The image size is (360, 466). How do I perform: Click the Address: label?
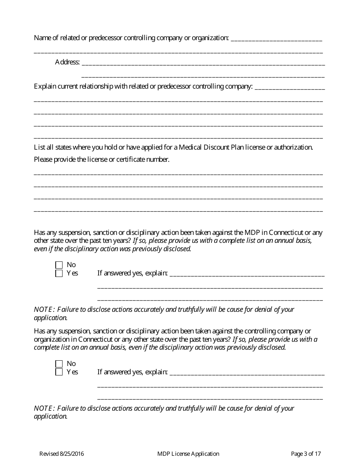point(67,62)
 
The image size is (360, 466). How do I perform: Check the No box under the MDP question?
point(59,265)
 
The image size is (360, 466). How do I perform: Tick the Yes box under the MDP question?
point(59,274)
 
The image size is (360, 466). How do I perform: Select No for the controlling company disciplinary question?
point(59,364)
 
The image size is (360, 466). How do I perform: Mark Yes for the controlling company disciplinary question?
point(59,372)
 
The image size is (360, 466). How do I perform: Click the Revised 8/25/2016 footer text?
point(62,454)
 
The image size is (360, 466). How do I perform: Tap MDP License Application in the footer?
point(188,454)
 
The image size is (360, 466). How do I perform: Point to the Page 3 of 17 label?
point(306,454)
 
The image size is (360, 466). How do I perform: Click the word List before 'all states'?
point(39,147)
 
